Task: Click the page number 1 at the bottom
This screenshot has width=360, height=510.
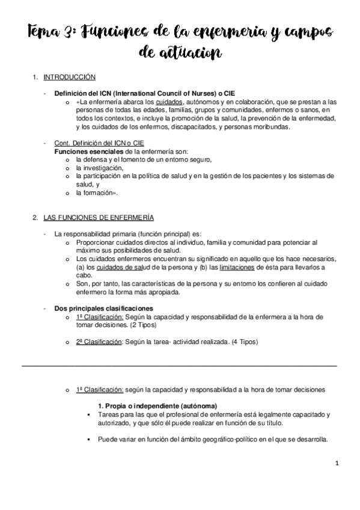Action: coord(337,464)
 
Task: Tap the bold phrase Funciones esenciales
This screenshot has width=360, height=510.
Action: coord(83,152)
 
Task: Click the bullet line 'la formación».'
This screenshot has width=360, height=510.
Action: coord(96,194)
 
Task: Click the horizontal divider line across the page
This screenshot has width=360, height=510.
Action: coord(179,364)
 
